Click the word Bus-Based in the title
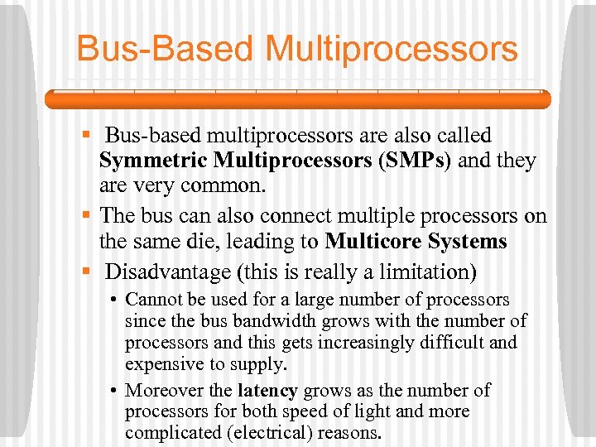[165, 48]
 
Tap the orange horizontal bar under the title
[297, 99]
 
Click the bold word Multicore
[372, 242]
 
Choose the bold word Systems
[465, 242]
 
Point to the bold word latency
[267, 390]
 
